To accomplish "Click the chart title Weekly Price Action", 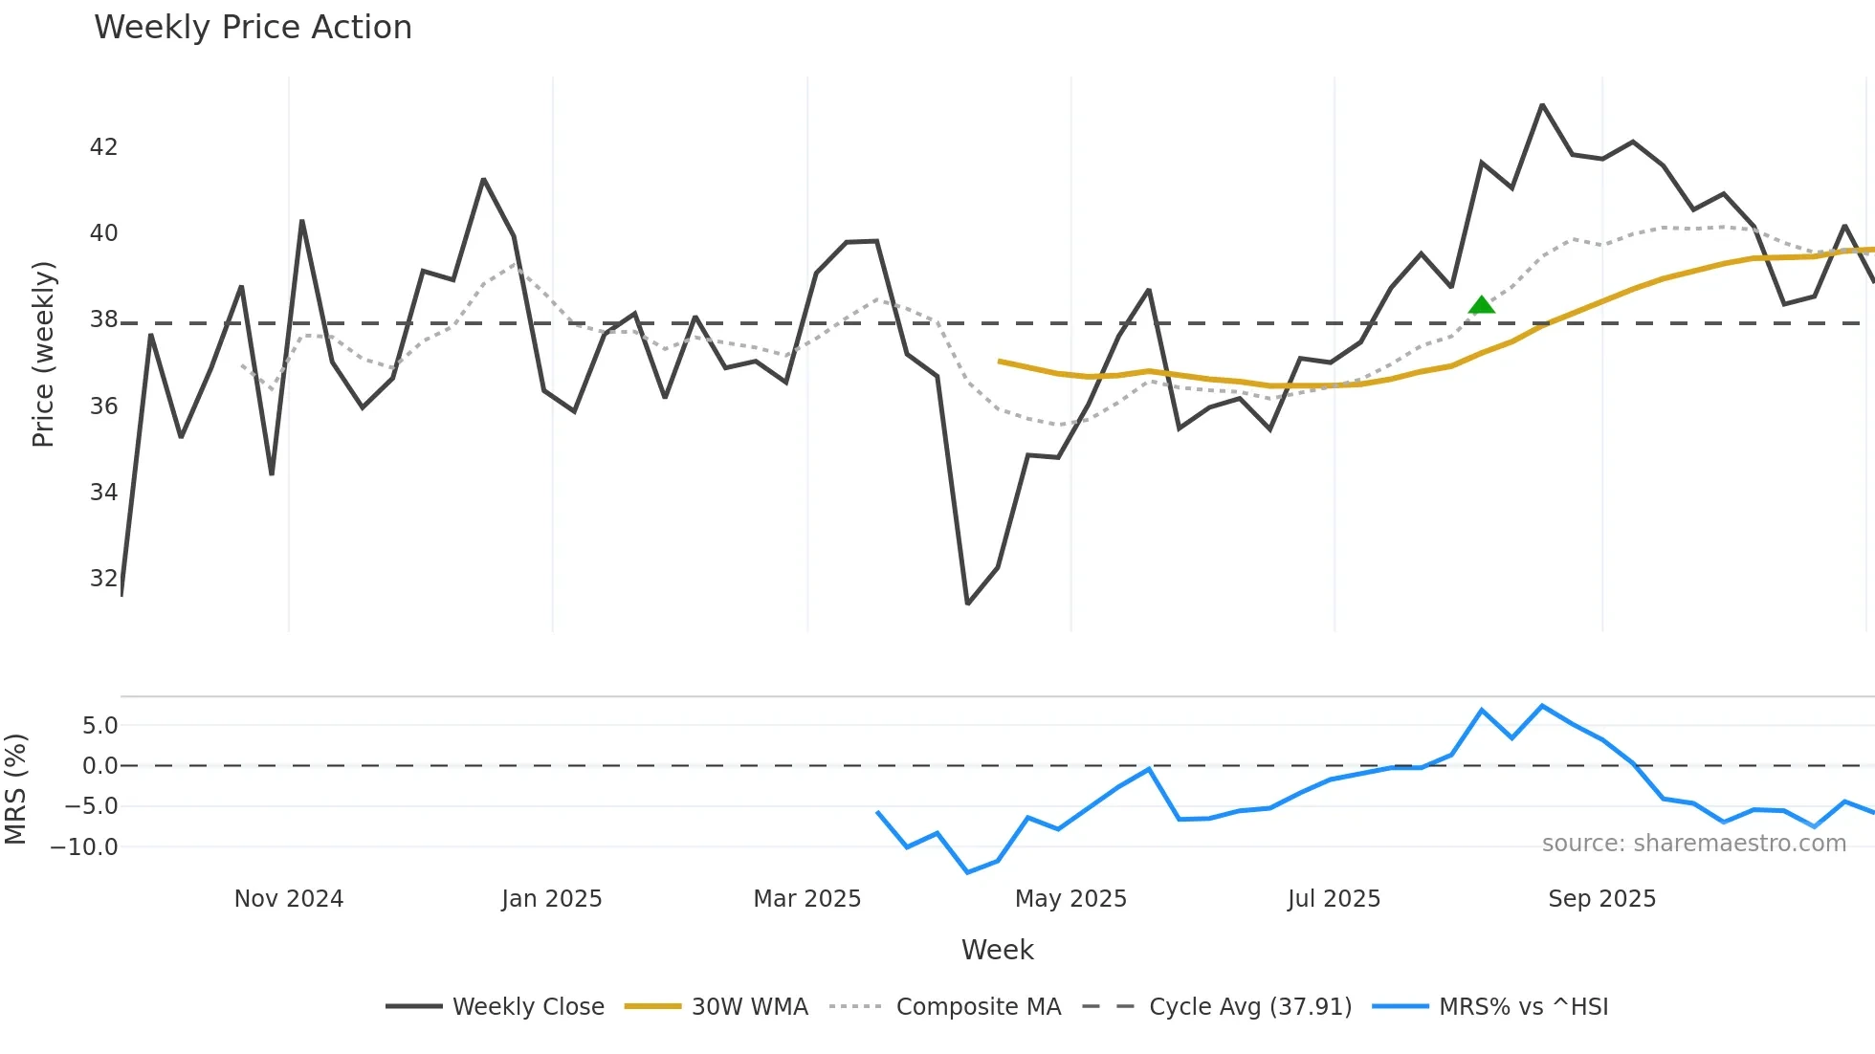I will pyautogui.click(x=253, y=28).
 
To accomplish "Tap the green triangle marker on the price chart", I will pyautogui.click(x=1481, y=306).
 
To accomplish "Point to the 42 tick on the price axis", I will pyautogui.click(x=103, y=147).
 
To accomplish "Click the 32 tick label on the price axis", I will pyautogui.click(x=103, y=579).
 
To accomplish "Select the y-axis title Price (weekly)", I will pyautogui.click(x=43, y=354).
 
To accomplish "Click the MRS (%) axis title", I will pyautogui.click(x=15, y=789).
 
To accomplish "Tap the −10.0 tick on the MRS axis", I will pyautogui.click(x=84, y=847).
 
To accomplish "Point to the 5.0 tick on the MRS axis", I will pyautogui.click(x=99, y=726).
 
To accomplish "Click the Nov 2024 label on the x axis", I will pyautogui.click(x=289, y=899).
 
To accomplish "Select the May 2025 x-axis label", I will pyautogui.click(x=1070, y=899).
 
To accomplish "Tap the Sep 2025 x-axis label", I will pyautogui.click(x=1601, y=899).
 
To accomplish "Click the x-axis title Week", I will pyautogui.click(x=997, y=950).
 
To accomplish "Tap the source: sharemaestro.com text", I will pyautogui.click(x=1693, y=844).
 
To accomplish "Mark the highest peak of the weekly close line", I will pyautogui.click(x=1542, y=105).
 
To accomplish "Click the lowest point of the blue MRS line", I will pyautogui.click(x=968, y=872).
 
